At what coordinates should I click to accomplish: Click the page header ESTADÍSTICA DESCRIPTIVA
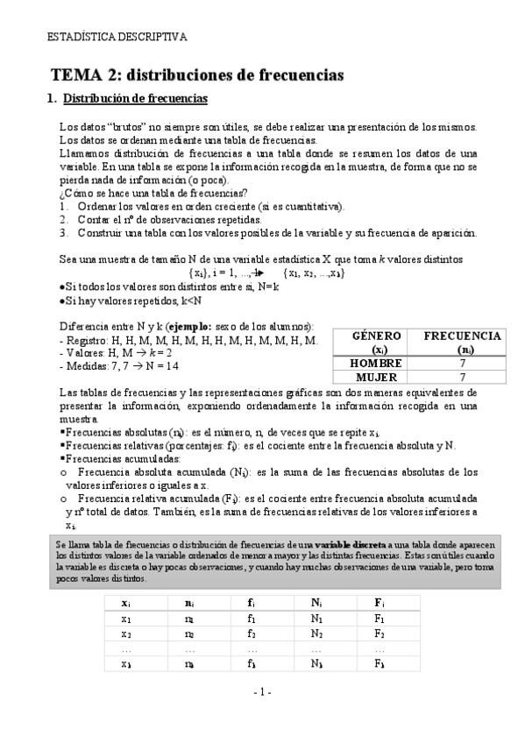coord(117,38)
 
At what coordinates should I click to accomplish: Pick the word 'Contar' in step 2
coord(94,219)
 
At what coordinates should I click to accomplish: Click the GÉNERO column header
coord(376,336)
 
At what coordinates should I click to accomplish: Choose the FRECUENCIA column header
coord(462,336)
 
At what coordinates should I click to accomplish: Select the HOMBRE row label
coord(376,363)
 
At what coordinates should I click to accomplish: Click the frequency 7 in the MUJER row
coord(462,377)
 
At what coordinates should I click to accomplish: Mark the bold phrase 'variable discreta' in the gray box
coord(350,544)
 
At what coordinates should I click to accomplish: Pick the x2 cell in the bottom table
coord(126,633)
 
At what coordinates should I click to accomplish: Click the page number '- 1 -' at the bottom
coord(263,692)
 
